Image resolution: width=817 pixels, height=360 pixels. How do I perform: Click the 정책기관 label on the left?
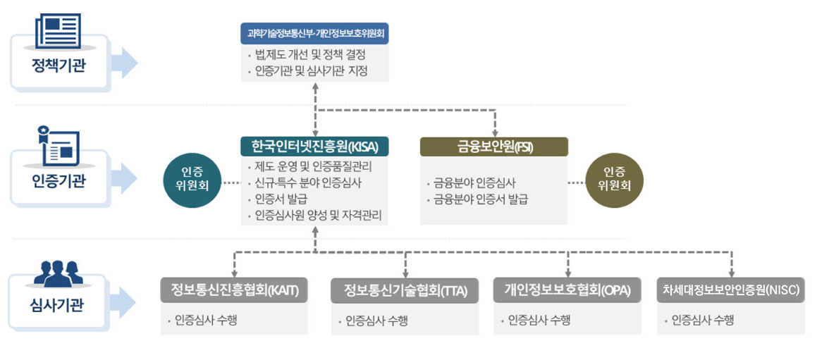pyautogui.click(x=58, y=67)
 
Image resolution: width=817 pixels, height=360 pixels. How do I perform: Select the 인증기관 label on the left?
pyautogui.click(x=58, y=182)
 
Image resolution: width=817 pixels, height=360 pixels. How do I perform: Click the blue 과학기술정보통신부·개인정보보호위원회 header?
pyautogui.click(x=314, y=33)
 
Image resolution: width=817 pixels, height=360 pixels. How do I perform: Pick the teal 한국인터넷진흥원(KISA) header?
pyautogui.click(x=314, y=147)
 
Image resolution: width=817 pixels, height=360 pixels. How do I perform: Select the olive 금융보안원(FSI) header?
pyautogui.click(x=494, y=147)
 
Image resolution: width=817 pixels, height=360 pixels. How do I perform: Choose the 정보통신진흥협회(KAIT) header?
pyautogui.click(x=234, y=290)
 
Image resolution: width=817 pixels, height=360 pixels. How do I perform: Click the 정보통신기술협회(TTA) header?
pyautogui.click(x=405, y=292)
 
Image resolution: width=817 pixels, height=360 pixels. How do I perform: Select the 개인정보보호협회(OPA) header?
pyautogui.click(x=567, y=290)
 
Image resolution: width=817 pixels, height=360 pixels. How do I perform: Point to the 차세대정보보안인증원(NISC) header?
pyautogui.click(x=731, y=290)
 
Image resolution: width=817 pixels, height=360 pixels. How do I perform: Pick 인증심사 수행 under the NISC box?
pyautogui.click(x=702, y=320)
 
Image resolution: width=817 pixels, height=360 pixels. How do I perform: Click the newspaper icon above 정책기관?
pyautogui.click(x=58, y=30)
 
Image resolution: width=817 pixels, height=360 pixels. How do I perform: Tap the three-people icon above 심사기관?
pyautogui.click(x=58, y=273)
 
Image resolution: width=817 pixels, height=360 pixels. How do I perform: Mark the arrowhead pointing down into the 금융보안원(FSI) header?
pyautogui.click(x=494, y=133)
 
